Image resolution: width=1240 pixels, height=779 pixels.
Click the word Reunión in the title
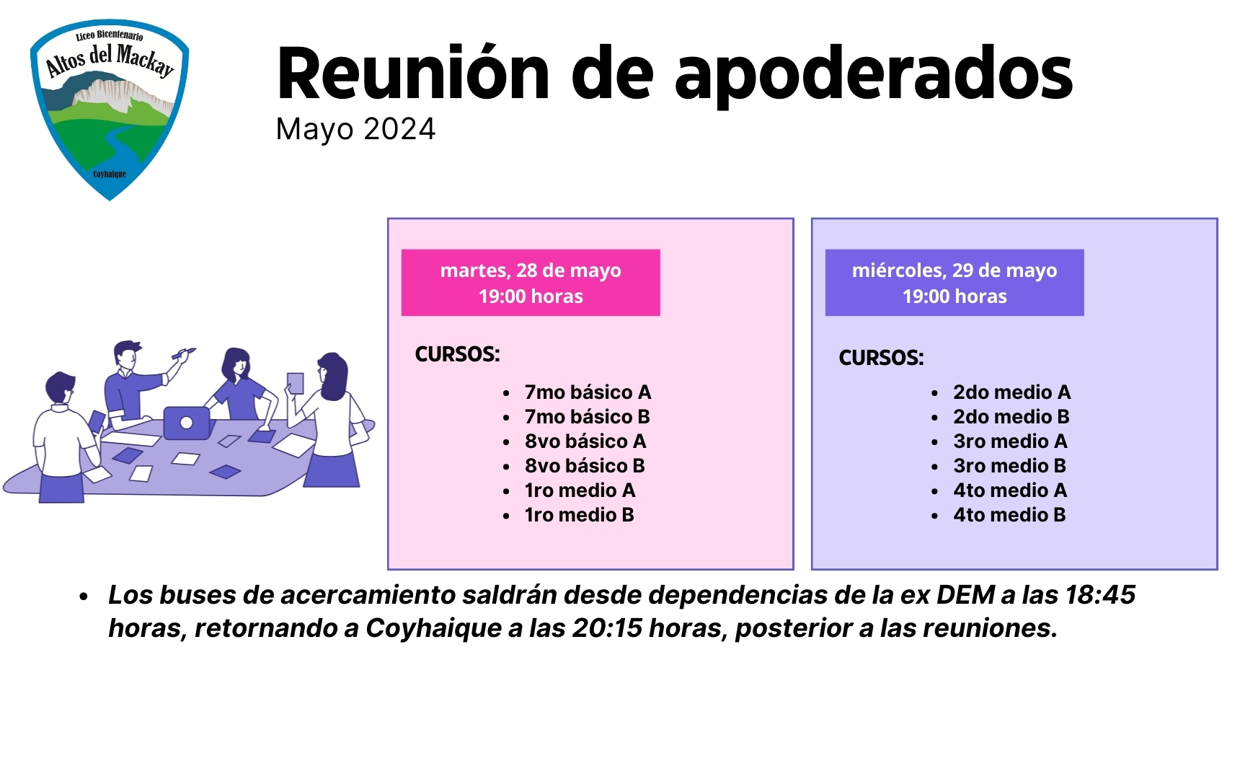point(413,73)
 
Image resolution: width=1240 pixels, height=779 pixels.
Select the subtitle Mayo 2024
point(355,130)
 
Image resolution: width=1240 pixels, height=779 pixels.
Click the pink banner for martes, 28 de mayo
point(531,283)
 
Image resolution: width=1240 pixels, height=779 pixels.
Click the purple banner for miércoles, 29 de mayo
point(955,283)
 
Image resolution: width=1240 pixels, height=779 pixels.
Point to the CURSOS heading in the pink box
point(457,354)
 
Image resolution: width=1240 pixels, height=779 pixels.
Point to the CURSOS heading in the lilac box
point(881,358)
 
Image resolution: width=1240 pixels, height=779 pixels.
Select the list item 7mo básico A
point(588,392)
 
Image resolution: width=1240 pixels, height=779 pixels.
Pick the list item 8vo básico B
point(585,466)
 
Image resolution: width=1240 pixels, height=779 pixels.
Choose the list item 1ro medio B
point(579,515)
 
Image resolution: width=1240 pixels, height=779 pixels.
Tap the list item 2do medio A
point(1011,392)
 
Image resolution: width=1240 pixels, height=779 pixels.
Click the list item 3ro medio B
point(1009,466)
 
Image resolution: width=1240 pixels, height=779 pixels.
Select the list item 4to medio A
point(1009,490)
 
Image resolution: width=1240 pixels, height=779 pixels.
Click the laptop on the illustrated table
point(187,423)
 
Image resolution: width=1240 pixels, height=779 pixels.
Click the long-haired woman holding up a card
point(328,418)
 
